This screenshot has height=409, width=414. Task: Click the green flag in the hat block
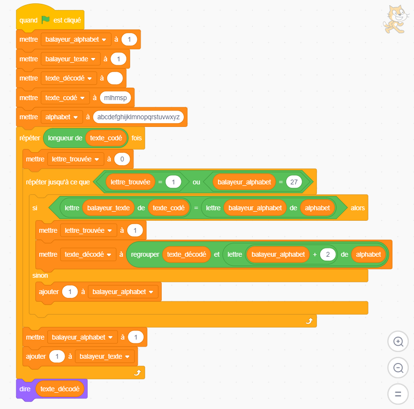(x=45, y=20)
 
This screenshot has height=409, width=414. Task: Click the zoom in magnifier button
(x=398, y=341)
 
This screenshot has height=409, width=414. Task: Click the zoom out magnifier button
(x=398, y=367)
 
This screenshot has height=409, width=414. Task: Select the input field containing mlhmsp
(x=115, y=98)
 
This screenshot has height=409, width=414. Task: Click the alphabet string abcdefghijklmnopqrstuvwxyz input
(x=138, y=117)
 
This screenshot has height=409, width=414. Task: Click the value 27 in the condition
(x=294, y=182)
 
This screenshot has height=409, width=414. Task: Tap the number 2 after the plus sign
(x=328, y=254)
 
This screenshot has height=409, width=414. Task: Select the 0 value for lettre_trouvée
(x=122, y=159)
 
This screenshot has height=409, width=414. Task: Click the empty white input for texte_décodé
(x=115, y=78)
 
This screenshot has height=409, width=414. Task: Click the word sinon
(x=40, y=275)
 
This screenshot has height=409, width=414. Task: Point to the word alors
(x=358, y=208)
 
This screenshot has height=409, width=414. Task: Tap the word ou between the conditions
(x=196, y=182)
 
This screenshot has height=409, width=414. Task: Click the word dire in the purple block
(x=25, y=389)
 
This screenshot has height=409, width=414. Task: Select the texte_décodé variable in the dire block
(x=60, y=389)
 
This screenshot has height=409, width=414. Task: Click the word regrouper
(x=145, y=254)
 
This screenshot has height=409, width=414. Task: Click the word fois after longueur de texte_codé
(x=136, y=138)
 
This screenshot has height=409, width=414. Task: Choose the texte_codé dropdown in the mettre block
(x=65, y=98)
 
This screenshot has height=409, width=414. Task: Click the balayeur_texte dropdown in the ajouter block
(x=104, y=356)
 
